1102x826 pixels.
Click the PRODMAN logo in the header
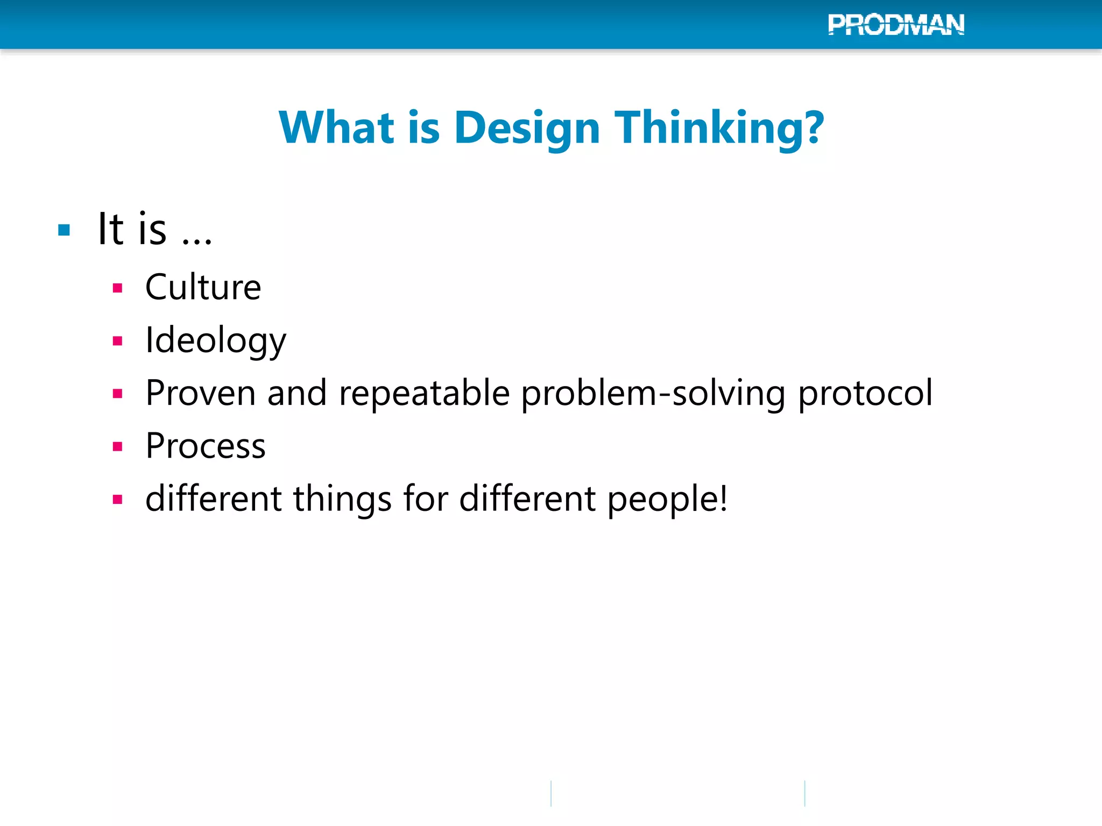[x=896, y=25]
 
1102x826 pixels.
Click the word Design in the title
[x=527, y=128]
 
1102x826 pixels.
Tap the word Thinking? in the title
[x=719, y=128]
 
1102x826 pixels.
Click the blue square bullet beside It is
[x=64, y=231]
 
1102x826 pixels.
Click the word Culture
[x=203, y=287]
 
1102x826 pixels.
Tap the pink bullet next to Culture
[x=118, y=288]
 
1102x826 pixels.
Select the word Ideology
[x=216, y=340]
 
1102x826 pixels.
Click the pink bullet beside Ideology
[x=118, y=341]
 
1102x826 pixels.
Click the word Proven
[x=200, y=393]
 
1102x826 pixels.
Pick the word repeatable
[x=424, y=393]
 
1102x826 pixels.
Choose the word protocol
[x=865, y=393]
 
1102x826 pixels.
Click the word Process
[x=206, y=446]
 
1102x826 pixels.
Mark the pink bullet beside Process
[x=118, y=446]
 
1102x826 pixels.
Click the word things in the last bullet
[x=342, y=499]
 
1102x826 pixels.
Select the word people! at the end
[x=667, y=499]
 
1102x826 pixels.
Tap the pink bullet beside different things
[x=118, y=500]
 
